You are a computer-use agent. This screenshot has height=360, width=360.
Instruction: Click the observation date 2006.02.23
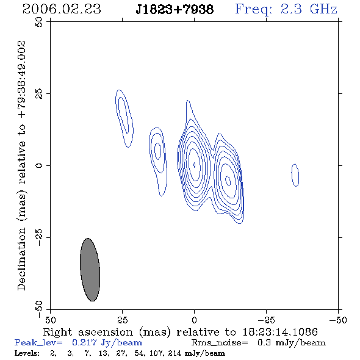point(62,9)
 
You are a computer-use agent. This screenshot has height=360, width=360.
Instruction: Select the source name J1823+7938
point(175,10)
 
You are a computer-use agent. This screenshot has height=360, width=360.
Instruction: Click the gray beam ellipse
point(90,270)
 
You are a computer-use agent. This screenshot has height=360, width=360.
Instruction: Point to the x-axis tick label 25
point(122,320)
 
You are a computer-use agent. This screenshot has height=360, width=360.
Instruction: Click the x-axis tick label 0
point(194,320)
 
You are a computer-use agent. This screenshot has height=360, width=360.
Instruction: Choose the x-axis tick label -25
point(266,320)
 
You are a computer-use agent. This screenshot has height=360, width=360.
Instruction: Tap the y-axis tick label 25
point(39,94)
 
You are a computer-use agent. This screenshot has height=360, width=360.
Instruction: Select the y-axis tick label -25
point(39,237)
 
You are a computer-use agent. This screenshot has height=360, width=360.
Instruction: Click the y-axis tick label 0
point(39,165)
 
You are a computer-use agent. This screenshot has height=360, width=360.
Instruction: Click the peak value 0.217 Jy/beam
point(107,343)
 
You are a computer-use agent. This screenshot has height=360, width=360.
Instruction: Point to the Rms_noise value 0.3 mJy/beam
point(291,343)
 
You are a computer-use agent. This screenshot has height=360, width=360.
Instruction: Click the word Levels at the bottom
point(27,353)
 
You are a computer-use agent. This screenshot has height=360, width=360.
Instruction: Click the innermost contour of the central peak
point(194,165)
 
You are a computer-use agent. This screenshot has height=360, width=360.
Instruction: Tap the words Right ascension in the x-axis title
point(88,332)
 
